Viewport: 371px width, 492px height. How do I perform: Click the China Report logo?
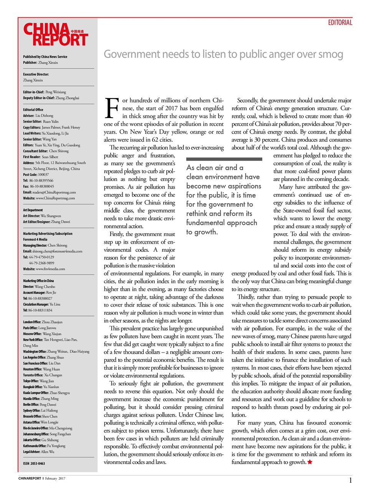56,35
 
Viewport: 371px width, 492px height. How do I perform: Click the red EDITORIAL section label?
340,23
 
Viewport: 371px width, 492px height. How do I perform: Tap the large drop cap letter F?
112,108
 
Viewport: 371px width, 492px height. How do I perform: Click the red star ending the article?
310,462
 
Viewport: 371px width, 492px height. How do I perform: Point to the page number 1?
350,480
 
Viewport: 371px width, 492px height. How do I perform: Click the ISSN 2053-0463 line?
34,464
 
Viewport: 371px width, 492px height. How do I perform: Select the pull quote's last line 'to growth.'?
202,232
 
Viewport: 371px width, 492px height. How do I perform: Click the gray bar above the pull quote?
224,159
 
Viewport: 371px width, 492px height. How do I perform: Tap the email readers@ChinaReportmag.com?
49,192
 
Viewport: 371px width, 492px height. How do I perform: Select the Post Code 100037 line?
36,175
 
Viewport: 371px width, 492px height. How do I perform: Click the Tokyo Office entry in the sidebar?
38,381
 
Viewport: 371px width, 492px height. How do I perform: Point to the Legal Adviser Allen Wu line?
38,452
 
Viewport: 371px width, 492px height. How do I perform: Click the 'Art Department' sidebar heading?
33,210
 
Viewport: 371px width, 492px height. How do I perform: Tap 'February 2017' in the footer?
55,479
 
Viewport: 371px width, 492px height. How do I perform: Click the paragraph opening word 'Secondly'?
248,100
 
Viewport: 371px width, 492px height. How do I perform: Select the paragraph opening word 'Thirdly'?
246,297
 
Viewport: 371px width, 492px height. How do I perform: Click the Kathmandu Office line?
44,446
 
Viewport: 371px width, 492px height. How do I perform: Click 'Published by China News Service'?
45,57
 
